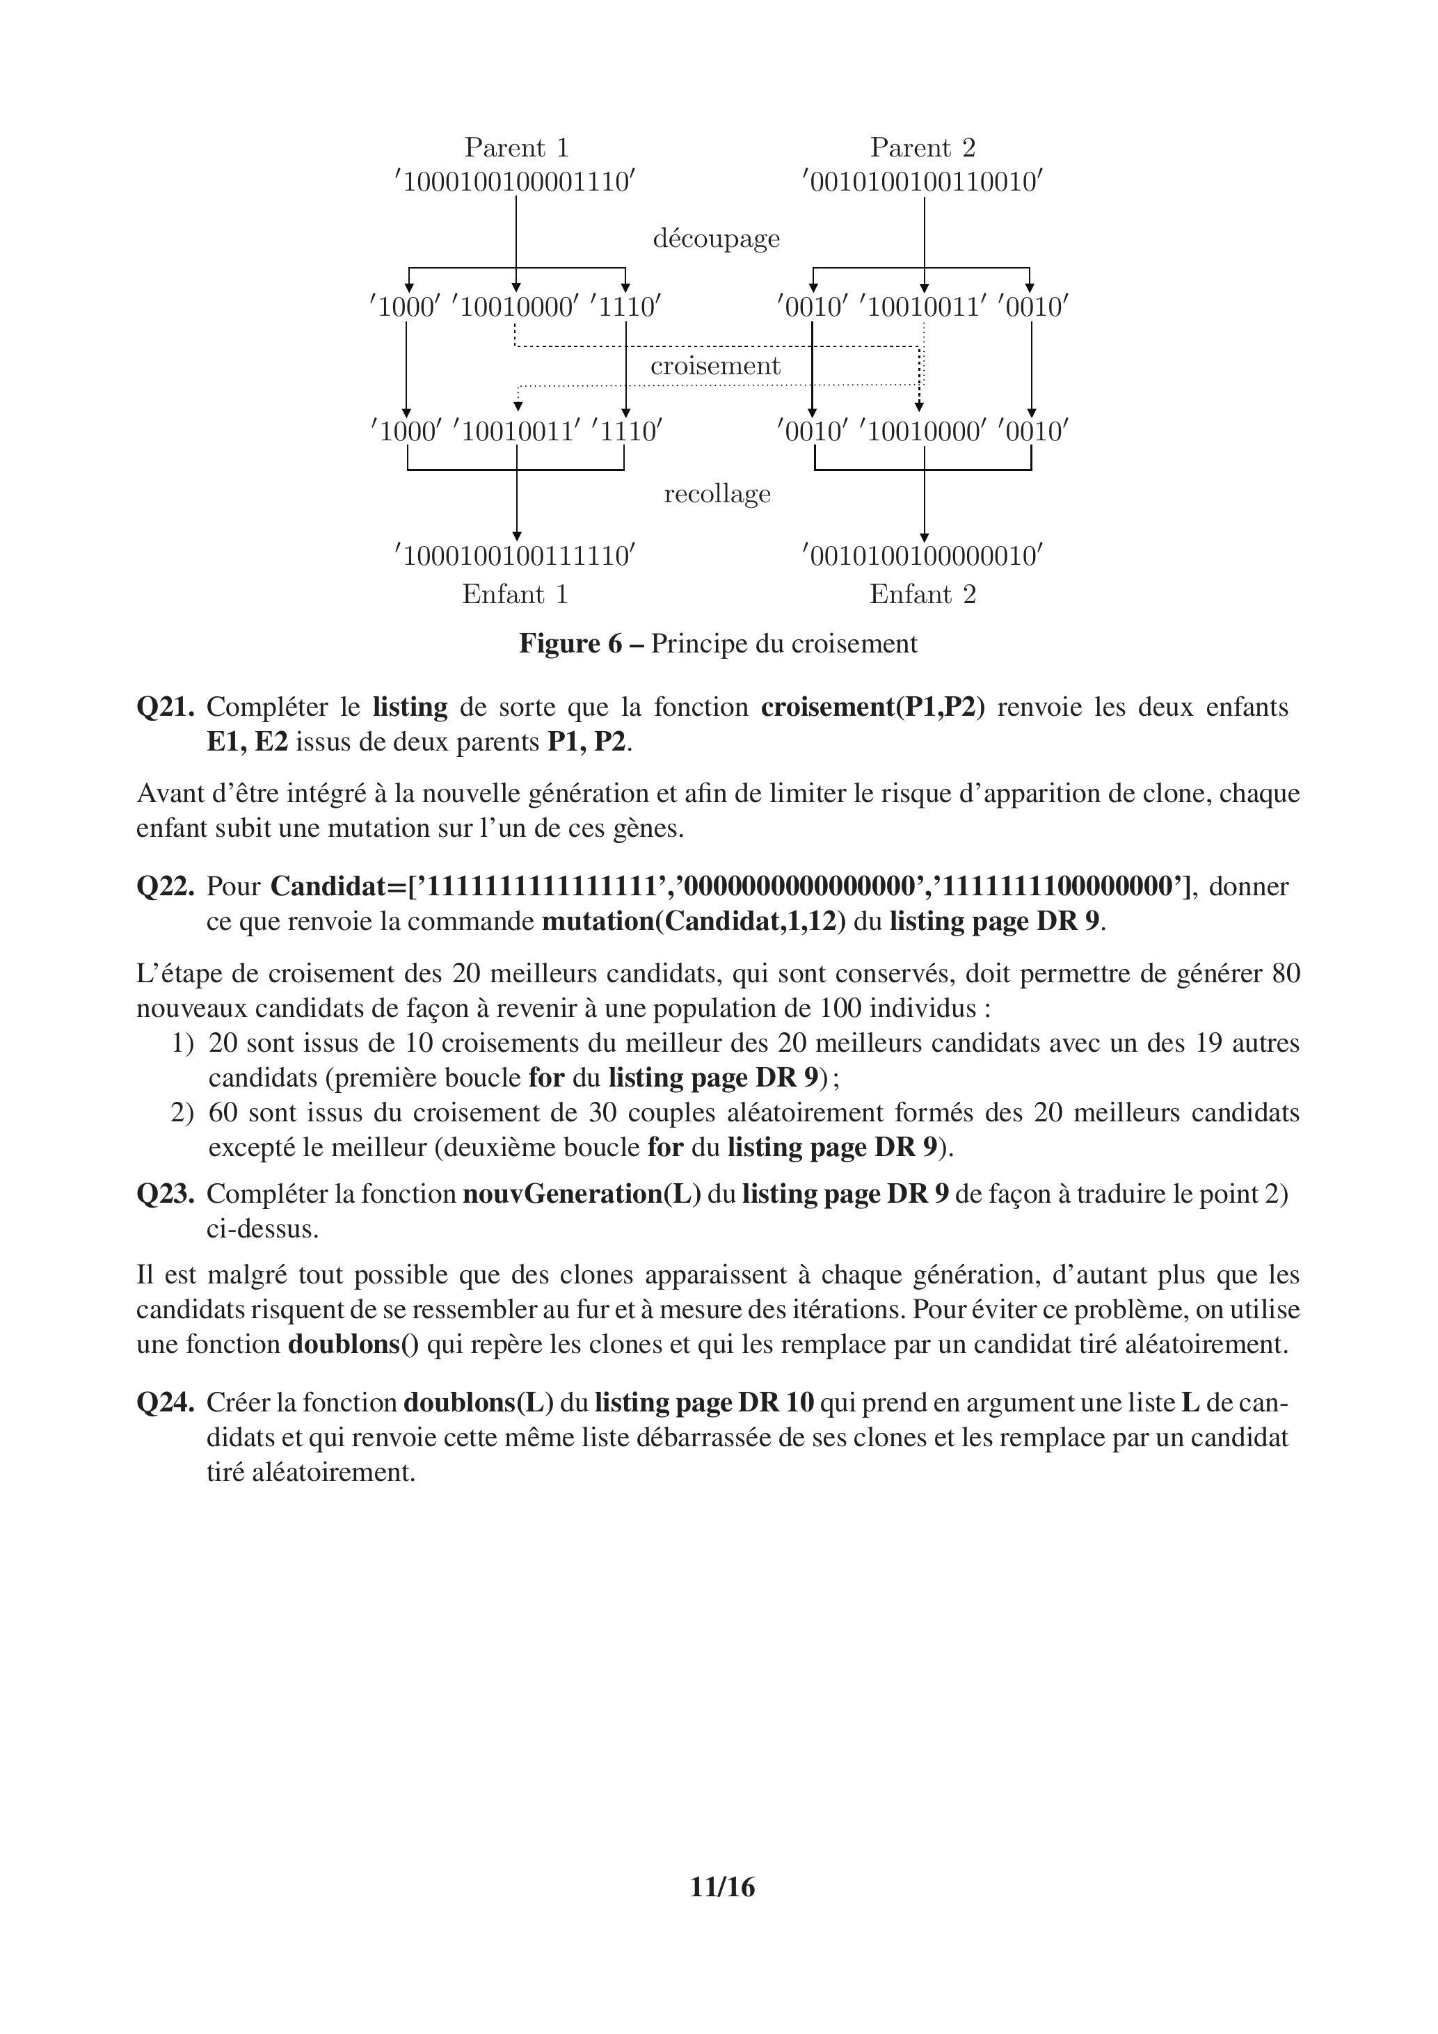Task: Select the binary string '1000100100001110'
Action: (x=516, y=182)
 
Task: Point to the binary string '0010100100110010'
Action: (x=922, y=182)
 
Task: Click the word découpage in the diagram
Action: (x=716, y=239)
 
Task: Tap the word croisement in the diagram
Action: (x=715, y=366)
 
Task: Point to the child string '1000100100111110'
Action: (x=516, y=556)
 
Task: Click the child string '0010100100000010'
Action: (x=922, y=556)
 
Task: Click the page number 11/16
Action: (x=722, y=1913)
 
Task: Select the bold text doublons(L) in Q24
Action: (x=479, y=1402)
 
